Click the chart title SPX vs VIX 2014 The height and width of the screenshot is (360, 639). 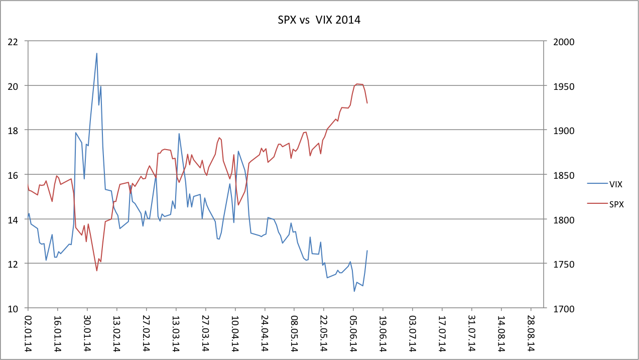319,21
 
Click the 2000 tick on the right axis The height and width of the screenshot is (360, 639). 559,42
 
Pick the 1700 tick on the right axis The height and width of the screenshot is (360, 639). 559,308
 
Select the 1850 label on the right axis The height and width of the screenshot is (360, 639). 559,175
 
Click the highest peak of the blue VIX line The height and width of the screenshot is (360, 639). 96,53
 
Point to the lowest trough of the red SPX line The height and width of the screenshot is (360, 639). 96,271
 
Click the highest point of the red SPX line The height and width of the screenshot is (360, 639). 356,84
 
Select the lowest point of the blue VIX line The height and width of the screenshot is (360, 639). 354,291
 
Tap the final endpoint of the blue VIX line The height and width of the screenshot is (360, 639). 367,251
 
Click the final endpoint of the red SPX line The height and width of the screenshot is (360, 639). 367,103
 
